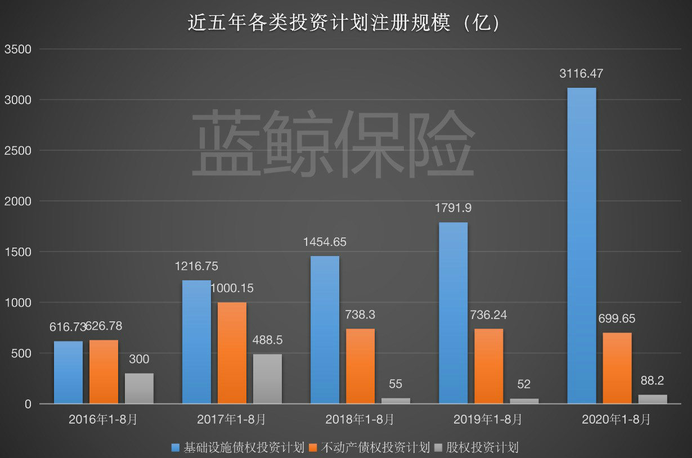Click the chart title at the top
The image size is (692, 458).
[x=344, y=23]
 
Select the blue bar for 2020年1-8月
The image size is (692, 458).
[x=581, y=246]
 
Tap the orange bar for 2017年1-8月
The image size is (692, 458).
[x=232, y=353]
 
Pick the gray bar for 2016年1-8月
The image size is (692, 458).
[x=139, y=388]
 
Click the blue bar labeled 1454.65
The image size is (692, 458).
[x=325, y=330]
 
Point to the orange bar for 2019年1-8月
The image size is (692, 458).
[x=488, y=366]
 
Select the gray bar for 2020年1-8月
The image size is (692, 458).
[x=653, y=399]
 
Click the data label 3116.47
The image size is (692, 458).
[x=581, y=74]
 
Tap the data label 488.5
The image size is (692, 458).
[x=267, y=340]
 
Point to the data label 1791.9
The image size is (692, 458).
[x=453, y=208]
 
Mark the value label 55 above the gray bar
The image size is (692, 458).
[x=396, y=384]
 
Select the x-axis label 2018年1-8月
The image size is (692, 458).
[x=360, y=419]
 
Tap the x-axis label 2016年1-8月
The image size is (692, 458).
[x=104, y=419]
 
